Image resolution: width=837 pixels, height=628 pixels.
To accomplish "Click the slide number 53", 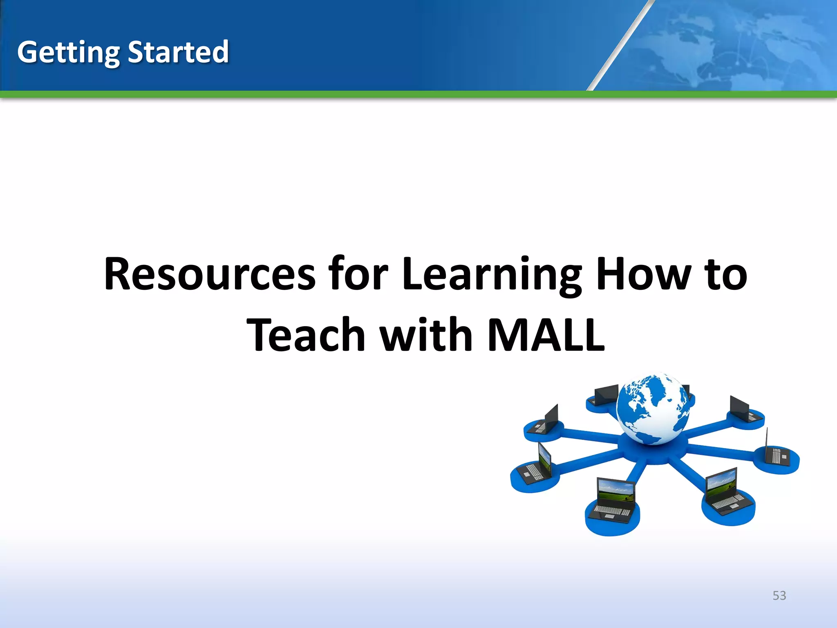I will (779, 596).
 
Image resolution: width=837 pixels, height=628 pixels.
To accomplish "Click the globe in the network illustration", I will (652, 409).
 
